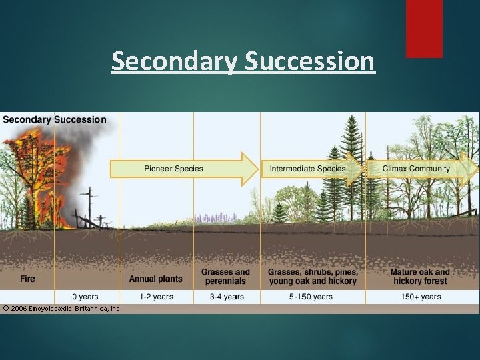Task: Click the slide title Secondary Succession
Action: click(x=243, y=61)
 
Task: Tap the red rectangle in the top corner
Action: click(x=424, y=28)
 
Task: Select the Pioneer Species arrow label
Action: click(x=173, y=169)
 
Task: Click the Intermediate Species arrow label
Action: click(x=307, y=169)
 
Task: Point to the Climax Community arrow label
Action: click(x=416, y=169)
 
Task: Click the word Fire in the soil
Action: click(x=27, y=279)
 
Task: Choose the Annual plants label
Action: click(x=155, y=279)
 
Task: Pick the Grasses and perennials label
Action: click(x=225, y=276)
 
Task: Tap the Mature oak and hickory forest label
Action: click(x=420, y=276)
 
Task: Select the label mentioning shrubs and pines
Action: click(x=313, y=276)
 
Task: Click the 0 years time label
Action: click(x=85, y=297)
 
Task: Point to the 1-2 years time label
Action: click(x=155, y=297)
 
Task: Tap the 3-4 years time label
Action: click(x=226, y=297)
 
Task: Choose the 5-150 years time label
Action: click(x=312, y=297)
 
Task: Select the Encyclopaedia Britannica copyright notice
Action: click(x=61, y=309)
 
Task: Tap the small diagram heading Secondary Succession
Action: click(x=54, y=120)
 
